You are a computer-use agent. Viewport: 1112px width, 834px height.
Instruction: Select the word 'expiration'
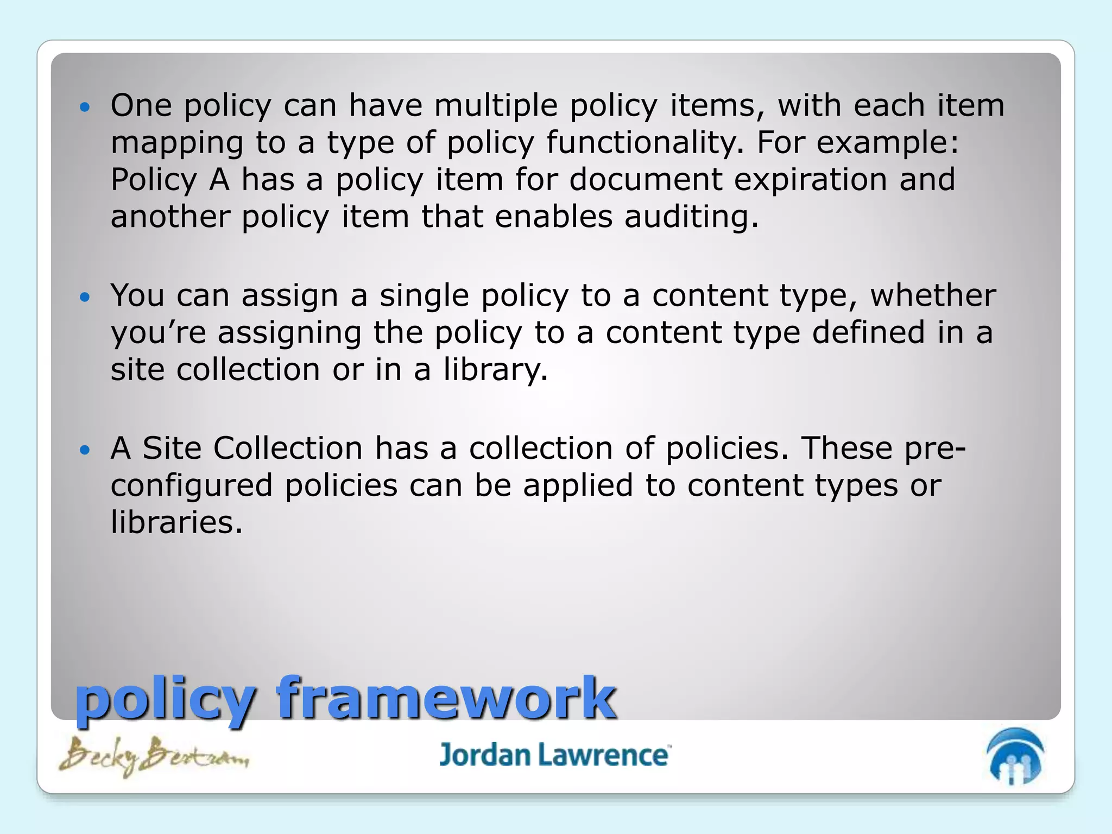pyautogui.click(x=810, y=180)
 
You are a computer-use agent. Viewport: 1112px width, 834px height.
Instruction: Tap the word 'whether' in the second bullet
pyautogui.click(x=933, y=296)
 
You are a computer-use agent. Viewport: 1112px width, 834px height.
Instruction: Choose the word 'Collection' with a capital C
pyautogui.click(x=288, y=448)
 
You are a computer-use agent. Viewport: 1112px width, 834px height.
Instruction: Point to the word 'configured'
pyautogui.click(x=191, y=486)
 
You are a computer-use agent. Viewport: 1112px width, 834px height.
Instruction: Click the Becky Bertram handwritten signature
pyautogui.click(x=154, y=756)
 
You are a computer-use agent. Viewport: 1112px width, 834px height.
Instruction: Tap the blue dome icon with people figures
pyautogui.click(x=1015, y=756)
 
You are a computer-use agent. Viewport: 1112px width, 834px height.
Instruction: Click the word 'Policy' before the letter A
pyautogui.click(x=154, y=180)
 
